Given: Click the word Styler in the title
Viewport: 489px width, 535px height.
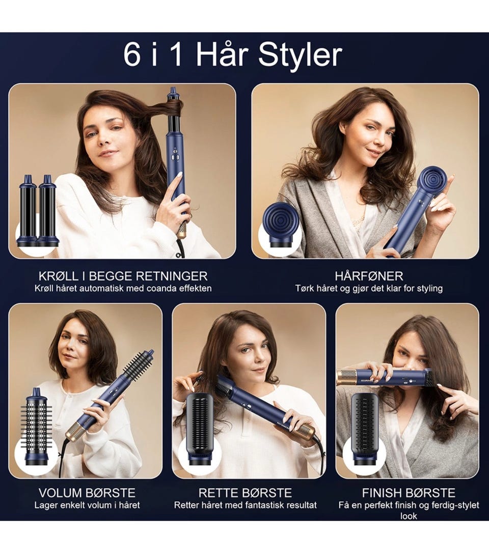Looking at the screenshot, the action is [x=300, y=55].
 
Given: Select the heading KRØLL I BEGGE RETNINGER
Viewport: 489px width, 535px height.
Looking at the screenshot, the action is [x=123, y=276].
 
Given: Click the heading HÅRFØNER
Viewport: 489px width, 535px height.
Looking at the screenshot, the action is [x=369, y=276].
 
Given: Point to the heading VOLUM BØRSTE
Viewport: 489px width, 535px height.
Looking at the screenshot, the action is [x=87, y=493].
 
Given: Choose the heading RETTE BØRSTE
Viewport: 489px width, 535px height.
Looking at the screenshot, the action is [x=245, y=493].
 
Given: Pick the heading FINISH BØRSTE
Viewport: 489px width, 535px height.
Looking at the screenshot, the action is [x=409, y=493].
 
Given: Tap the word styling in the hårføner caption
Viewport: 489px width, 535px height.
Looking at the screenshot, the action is [x=429, y=289].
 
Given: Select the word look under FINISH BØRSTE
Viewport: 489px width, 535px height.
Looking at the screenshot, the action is [x=409, y=516].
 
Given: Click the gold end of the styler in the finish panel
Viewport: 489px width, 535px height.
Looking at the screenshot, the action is [x=347, y=377].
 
